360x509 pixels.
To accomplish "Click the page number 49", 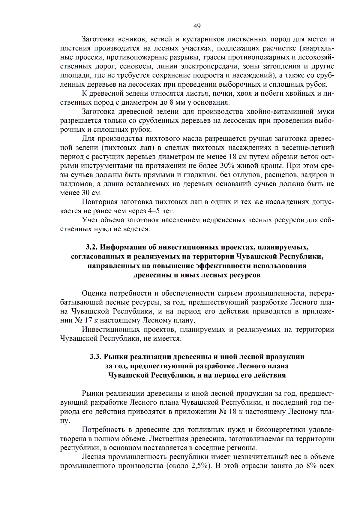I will [x=197, y=26].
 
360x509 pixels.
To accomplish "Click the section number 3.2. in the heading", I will [x=91, y=247].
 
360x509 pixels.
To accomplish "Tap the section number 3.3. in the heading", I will [x=95, y=357].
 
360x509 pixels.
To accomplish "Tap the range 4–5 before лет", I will [x=154, y=211].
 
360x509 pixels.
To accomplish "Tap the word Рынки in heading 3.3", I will [x=116, y=357].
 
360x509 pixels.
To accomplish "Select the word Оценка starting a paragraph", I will [x=94, y=293].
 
